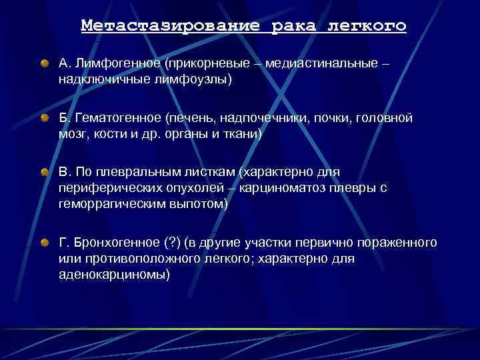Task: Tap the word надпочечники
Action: coord(261,118)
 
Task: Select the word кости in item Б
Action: coord(107,134)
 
